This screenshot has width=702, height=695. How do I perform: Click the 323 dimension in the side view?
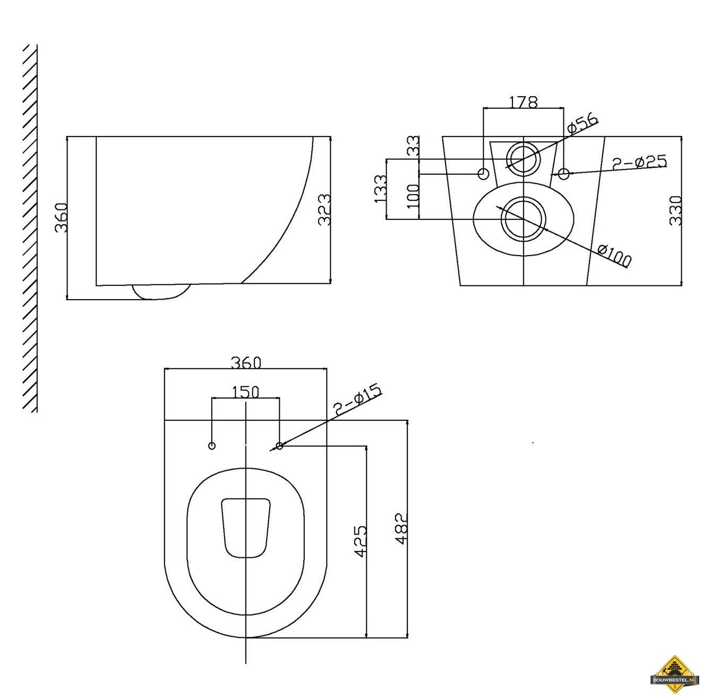click(x=324, y=209)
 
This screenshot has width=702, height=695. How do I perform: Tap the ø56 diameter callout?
click(x=583, y=123)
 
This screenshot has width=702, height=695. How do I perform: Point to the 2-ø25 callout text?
click(x=639, y=163)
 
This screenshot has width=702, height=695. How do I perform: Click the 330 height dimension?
click(x=675, y=210)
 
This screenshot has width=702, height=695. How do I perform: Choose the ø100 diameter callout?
click(x=615, y=255)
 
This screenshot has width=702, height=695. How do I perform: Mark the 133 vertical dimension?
click(x=380, y=189)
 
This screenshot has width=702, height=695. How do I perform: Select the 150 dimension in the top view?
click(x=246, y=392)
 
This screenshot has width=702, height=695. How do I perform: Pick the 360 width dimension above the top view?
click(x=246, y=362)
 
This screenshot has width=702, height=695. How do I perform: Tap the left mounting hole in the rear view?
click(x=484, y=173)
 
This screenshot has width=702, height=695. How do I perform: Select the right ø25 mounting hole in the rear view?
click(x=564, y=173)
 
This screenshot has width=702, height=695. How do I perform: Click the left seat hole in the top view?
click(x=212, y=445)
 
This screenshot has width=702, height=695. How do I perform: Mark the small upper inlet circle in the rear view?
click(x=524, y=158)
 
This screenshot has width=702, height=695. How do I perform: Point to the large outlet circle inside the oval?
click(x=524, y=218)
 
